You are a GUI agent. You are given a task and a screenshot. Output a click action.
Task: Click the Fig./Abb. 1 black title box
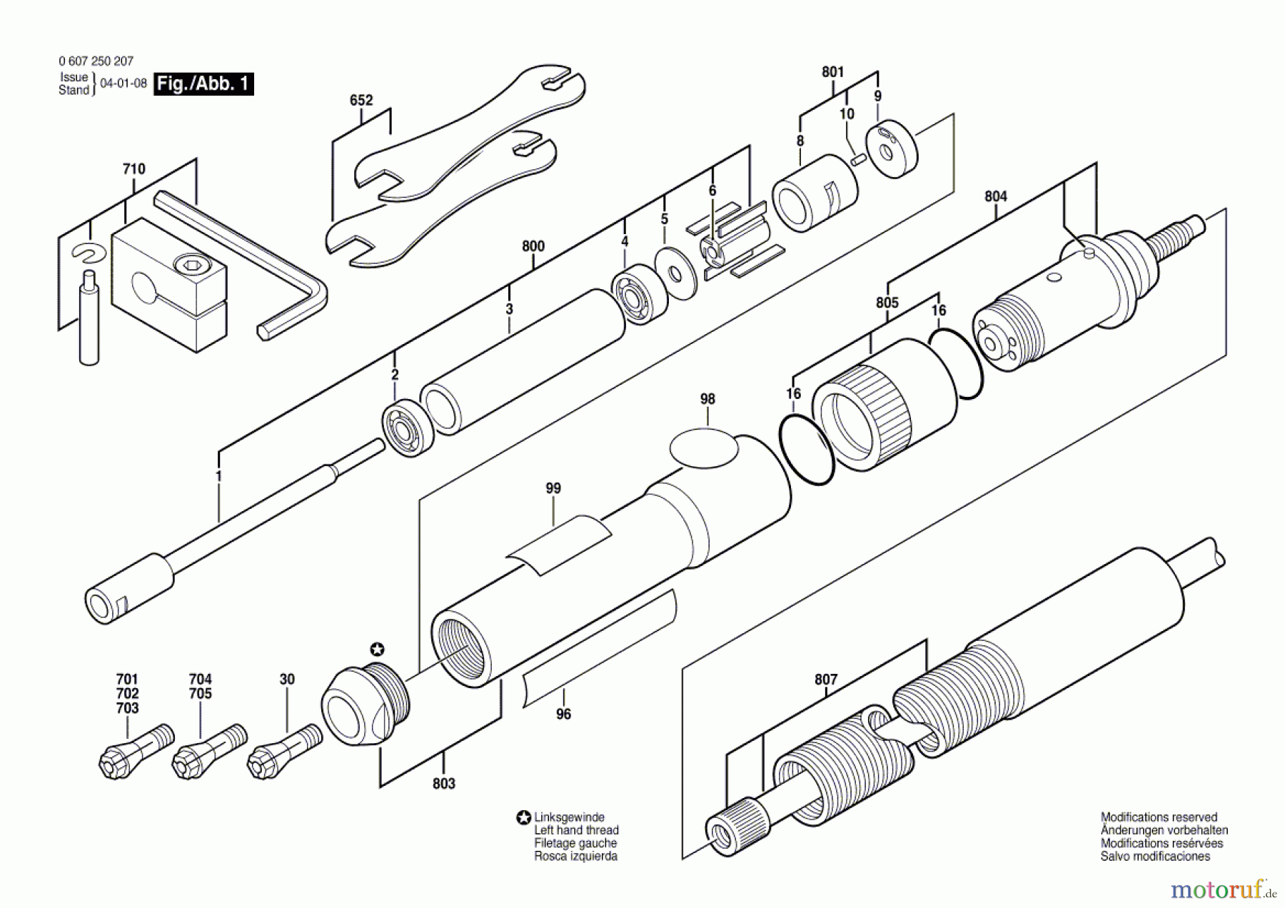203,84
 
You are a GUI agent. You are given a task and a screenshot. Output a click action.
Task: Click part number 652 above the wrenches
361,101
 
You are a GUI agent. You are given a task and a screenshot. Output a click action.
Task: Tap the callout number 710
133,169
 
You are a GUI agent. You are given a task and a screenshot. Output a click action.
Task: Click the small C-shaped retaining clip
89,253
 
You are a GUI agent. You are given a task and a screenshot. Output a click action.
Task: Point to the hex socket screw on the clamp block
190,268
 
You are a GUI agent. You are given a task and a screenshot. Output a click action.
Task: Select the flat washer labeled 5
675,273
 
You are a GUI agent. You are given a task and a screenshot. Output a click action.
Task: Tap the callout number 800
533,246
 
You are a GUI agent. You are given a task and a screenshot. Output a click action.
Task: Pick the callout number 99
553,488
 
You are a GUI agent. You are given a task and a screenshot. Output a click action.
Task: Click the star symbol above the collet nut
377,649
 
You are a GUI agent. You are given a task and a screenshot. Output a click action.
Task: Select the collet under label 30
284,748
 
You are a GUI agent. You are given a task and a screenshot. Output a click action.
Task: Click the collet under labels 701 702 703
135,749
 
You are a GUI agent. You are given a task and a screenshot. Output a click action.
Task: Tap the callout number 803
443,784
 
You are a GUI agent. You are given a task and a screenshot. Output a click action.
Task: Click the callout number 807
825,680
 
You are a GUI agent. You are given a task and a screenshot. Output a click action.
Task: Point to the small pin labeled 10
859,160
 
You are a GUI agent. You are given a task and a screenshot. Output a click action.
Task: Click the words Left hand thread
576,830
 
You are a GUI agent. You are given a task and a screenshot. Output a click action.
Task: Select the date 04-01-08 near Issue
124,84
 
